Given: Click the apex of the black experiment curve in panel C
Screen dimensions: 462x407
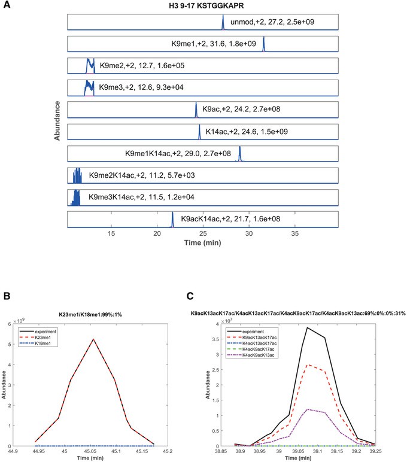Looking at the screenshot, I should [x=307, y=327].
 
